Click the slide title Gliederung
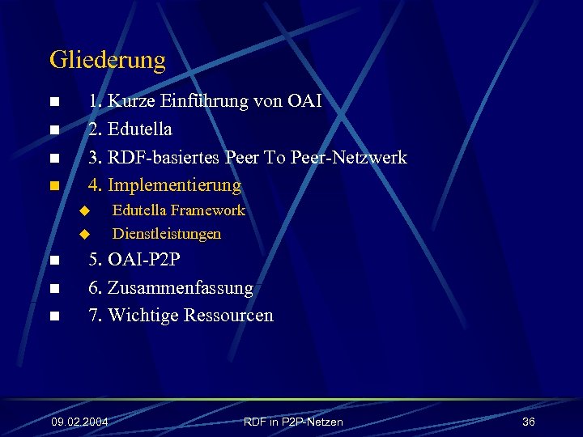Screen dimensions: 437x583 pyautogui.click(x=108, y=60)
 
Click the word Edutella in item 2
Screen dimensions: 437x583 pyautogui.click(x=139, y=129)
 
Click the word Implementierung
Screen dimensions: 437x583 pyautogui.click(x=174, y=185)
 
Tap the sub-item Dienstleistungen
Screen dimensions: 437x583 pyautogui.click(x=166, y=235)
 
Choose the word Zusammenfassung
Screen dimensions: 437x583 pyautogui.click(x=180, y=288)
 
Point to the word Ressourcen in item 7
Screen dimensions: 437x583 pyautogui.click(x=228, y=316)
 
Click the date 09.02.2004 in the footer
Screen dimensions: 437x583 pyautogui.click(x=79, y=422)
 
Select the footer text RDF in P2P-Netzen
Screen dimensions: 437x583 pyautogui.click(x=293, y=422)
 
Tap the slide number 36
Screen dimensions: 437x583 pyautogui.click(x=529, y=422)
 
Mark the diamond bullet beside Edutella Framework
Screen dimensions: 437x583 pyautogui.click(x=83, y=211)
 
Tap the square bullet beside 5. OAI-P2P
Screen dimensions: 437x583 pyautogui.click(x=53, y=261)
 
